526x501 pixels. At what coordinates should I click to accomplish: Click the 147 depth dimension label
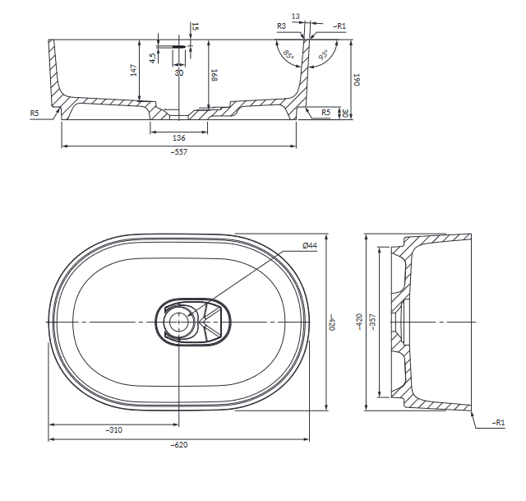coord(134,70)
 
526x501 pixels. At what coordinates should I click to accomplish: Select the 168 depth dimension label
coord(215,75)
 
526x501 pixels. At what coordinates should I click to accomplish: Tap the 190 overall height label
coord(357,80)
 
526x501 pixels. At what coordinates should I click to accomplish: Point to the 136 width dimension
coord(179,137)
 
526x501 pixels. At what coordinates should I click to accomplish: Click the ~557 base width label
coord(179,151)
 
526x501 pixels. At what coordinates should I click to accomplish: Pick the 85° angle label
coord(288,54)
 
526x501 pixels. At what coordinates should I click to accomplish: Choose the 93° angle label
coord(323,54)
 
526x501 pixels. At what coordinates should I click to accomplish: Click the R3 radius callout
coord(281,26)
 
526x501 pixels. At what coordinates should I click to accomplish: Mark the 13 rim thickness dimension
coord(296,16)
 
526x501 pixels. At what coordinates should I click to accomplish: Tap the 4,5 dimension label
coord(153,58)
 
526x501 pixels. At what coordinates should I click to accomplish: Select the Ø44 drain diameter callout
coord(310,246)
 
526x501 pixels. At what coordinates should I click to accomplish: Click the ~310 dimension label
coord(114,429)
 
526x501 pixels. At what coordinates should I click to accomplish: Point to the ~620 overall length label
coord(179,445)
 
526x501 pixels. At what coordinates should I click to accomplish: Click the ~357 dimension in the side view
coord(373,322)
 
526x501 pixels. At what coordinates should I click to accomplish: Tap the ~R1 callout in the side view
coord(498,423)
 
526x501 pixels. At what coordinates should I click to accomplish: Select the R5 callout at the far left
coord(35,114)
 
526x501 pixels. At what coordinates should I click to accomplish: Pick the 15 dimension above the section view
coord(195,26)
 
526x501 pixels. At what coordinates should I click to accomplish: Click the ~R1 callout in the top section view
coord(339,26)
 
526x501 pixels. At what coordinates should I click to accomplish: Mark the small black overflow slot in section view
coord(178,46)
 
